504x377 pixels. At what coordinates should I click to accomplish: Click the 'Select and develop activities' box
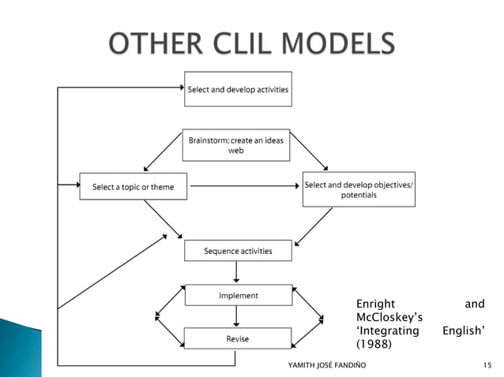(238, 89)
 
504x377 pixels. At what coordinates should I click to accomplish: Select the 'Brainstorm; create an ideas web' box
(236, 145)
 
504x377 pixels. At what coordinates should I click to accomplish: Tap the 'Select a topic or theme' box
(134, 187)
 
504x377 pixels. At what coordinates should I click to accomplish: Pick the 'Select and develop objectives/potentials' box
(358, 189)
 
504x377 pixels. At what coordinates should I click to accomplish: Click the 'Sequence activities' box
(238, 251)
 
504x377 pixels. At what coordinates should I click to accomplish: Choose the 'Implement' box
(238, 296)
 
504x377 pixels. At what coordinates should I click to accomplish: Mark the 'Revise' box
(238, 338)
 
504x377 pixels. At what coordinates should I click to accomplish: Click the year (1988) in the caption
(375, 344)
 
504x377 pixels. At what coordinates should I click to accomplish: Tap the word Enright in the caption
(375, 304)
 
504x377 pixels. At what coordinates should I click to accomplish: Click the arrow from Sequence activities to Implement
(237, 272)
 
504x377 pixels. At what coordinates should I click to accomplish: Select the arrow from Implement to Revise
(237, 316)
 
